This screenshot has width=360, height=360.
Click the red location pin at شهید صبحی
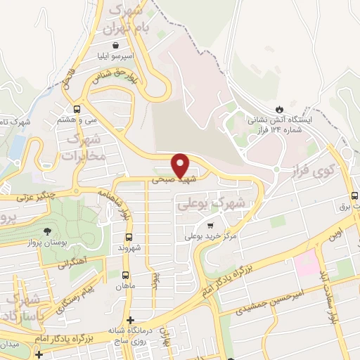point(181,165)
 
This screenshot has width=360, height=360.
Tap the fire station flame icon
point(280,109)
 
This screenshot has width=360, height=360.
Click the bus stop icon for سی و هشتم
point(77,109)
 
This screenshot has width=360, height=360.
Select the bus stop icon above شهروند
point(128,237)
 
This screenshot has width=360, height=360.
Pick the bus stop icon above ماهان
point(126,275)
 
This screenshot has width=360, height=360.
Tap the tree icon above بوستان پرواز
point(48,231)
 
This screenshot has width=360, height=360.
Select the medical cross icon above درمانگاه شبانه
point(130,321)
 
